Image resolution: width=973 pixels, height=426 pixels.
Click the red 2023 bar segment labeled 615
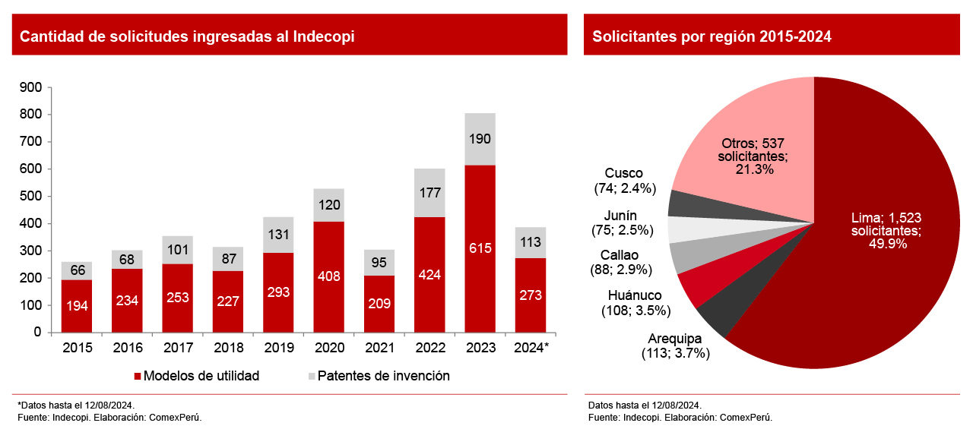[x=480, y=248]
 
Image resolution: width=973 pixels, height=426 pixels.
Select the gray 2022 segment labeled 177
[x=429, y=193]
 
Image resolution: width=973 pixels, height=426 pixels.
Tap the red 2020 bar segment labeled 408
[x=328, y=276]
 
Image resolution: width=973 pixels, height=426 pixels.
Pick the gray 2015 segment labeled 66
[x=77, y=271]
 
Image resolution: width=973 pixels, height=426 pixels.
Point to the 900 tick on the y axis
[x=31, y=87]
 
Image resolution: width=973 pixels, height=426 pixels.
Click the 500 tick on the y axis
[x=31, y=196]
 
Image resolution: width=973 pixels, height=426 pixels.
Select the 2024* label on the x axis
[x=531, y=348]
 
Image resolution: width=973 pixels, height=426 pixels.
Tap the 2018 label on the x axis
[x=228, y=348]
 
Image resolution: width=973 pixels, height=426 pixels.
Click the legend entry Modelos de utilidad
[x=196, y=376]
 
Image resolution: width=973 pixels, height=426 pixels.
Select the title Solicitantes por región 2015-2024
[x=712, y=36]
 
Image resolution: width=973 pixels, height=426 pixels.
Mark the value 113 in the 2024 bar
[x=530, y=243]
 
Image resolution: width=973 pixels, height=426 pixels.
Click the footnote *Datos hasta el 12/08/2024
[x=76, y=405]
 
